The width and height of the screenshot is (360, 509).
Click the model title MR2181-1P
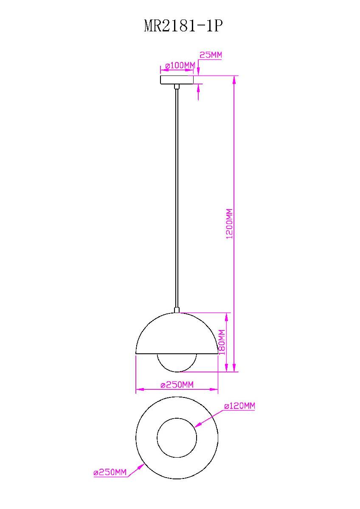183,26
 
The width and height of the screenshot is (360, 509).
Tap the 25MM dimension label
211,55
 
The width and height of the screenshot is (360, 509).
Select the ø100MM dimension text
180,66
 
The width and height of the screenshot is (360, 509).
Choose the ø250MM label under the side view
177,385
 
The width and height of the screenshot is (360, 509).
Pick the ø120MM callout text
239,406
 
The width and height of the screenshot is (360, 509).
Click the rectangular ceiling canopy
177,80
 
